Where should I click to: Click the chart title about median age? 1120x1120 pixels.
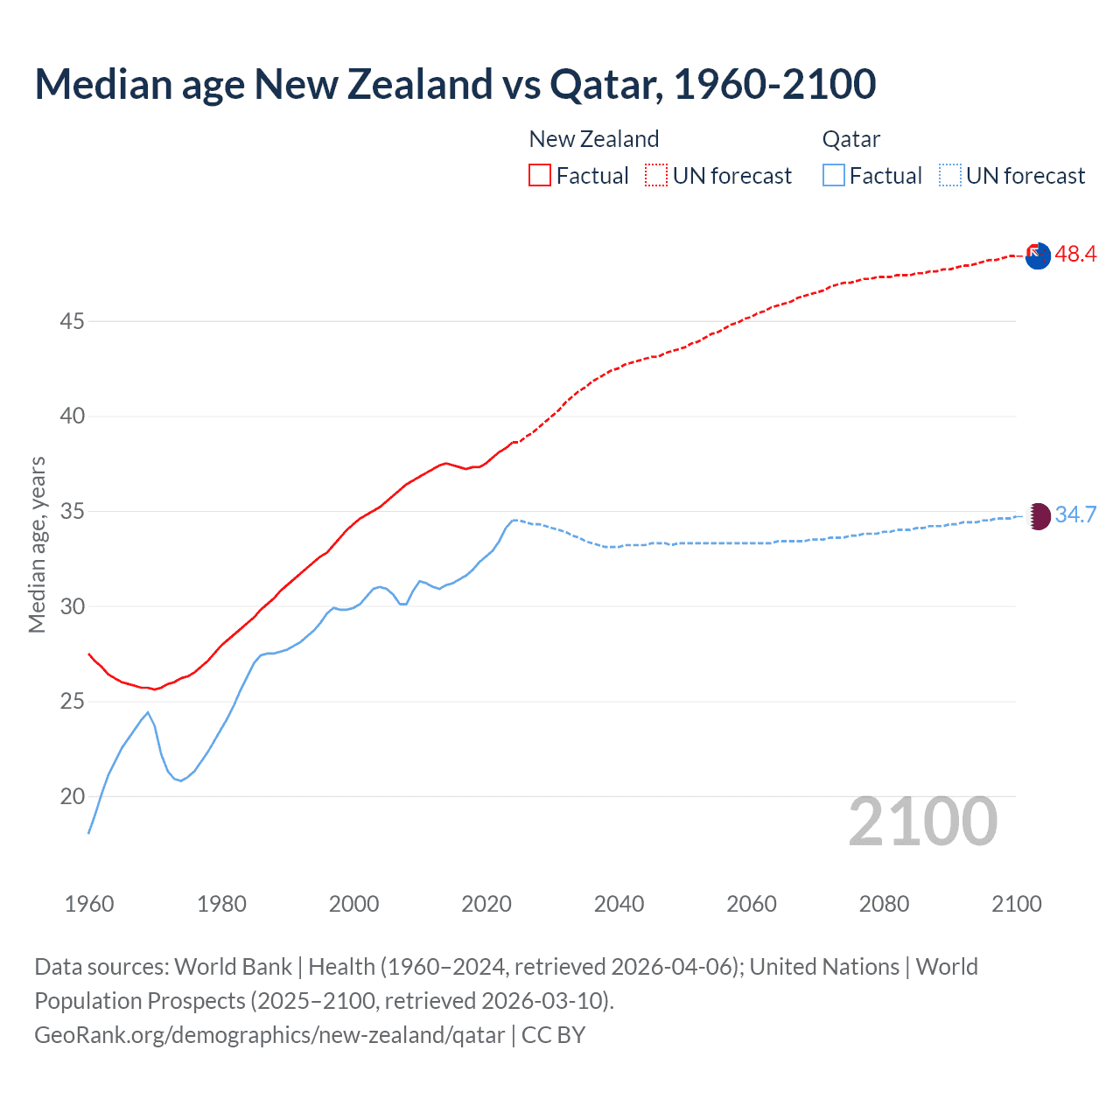point(455,84)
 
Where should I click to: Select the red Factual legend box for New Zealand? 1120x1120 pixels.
point(540,175)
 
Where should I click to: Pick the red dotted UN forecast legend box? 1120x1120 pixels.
point(656,175)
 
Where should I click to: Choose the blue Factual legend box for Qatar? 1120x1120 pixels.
point(834,175)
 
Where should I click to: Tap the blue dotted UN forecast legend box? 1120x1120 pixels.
point(950,175)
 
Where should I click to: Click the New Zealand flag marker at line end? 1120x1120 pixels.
point(1038,255)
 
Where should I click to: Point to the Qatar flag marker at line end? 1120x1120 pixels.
point(1038,515)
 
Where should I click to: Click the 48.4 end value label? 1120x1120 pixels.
point(1075,254)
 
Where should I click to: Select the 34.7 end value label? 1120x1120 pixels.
point(1075,514)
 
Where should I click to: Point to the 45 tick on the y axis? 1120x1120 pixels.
point(72,321)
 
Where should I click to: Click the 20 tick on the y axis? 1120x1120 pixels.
point(72,796)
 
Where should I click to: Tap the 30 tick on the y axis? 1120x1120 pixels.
point(72,606)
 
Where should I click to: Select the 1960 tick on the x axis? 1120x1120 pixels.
point(89,904)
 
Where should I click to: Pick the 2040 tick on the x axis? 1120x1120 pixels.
point(619,904)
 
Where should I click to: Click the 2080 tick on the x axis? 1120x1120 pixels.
point(884,904)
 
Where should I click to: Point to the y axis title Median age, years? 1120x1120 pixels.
point(37,544)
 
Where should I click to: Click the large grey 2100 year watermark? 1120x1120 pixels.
point(923,821)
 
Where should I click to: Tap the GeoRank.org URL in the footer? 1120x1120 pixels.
point(269,1035)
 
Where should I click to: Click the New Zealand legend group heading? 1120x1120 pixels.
point(594,139)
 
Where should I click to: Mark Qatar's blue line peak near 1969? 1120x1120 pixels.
point(148,712)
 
